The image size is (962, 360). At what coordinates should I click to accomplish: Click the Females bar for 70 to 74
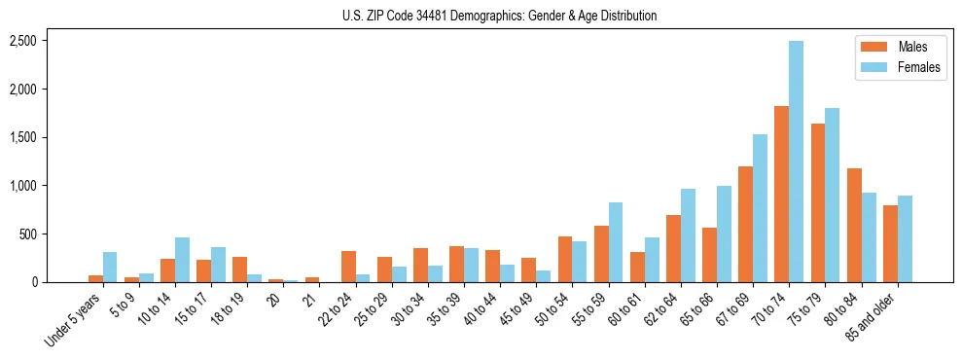(796, 162)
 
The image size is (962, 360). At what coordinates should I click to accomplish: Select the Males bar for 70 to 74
(781, 195)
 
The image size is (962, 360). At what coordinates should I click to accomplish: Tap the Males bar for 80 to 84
(854, 226)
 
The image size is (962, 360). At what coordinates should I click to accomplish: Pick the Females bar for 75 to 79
(832, 196)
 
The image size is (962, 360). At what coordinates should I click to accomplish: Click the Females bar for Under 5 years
(110, 268)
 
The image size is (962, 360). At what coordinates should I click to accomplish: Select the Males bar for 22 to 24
(348, 267)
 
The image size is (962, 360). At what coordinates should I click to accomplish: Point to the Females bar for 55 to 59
(616, 242)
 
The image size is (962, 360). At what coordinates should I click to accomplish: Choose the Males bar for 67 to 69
(745, 225)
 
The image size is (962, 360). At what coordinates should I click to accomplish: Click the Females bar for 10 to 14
(182, 260)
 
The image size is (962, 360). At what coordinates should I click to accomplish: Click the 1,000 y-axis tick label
(23, 186)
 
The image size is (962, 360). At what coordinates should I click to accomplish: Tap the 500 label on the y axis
(28, 234)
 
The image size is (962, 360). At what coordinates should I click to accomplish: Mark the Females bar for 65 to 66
(724, 234)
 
